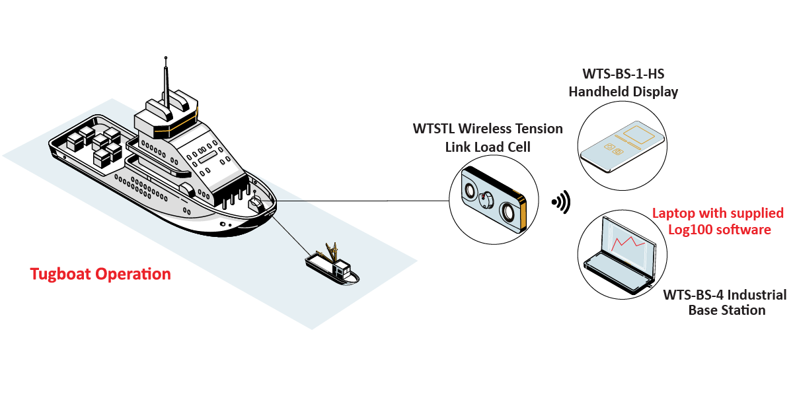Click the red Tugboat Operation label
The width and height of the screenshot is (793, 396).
coord(100,274)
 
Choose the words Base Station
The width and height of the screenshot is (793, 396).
coord(727,310)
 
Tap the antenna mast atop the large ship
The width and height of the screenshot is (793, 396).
coord(166,79)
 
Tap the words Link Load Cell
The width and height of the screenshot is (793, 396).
coord(488,147)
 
